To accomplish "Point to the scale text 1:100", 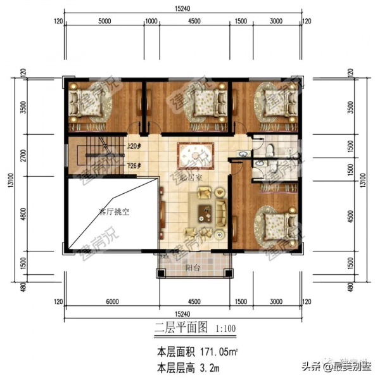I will coord(225,329).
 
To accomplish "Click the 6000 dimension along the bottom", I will coord(113,301).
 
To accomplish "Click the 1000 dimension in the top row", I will coord(151,21).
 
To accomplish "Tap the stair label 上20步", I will coord(134,146).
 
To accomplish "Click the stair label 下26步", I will coord(134,166).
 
